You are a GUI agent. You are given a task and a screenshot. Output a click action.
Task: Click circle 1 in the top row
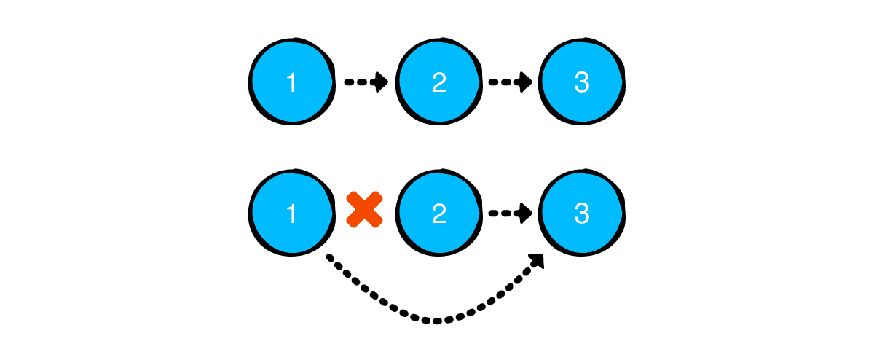click(292, 82)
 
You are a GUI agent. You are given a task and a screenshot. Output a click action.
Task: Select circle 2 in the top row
click(439, 82)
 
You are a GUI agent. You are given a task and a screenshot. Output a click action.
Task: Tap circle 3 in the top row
click(582, 82)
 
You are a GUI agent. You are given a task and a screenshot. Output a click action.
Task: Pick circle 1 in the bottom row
click(292, 213)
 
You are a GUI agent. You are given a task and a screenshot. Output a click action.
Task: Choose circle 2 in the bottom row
click(439, 213)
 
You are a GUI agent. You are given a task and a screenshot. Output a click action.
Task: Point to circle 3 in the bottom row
click(582, 213)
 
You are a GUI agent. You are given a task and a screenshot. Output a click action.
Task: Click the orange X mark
click(364, 209)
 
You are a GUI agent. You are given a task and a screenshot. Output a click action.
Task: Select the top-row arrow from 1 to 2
click(366, 82)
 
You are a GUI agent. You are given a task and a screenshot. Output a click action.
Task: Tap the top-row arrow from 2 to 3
click(511, 82)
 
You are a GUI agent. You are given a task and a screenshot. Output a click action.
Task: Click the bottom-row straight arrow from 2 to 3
click(511, 214)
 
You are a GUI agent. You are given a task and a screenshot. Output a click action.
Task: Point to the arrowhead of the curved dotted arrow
click(537, 260)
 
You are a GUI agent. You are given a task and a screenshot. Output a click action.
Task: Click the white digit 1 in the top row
click(291, 83)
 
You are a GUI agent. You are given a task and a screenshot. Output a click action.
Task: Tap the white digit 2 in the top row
click(439, 83)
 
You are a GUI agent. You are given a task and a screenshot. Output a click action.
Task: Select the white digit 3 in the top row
click(582, 83)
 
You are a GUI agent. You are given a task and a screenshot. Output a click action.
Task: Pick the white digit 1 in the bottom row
click(291, 214)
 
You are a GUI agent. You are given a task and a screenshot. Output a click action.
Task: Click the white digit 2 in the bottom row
click(439, 214)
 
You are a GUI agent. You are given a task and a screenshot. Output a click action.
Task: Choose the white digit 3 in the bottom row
click(582, 214)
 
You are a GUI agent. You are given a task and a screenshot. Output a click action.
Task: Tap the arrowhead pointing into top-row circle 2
click(380, 82)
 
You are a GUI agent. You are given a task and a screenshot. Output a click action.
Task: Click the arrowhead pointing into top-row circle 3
click(524, 82)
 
